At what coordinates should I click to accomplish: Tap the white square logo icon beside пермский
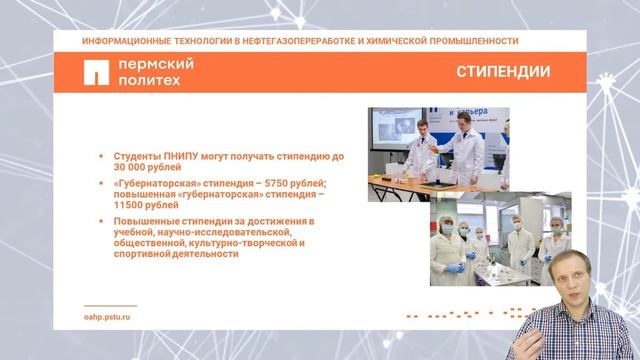[x=96, y=73]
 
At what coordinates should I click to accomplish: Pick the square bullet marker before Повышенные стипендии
[x=101, y=220]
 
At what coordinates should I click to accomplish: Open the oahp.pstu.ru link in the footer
[x=108, y=315]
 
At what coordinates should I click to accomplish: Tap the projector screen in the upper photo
[x=396, y=136]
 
